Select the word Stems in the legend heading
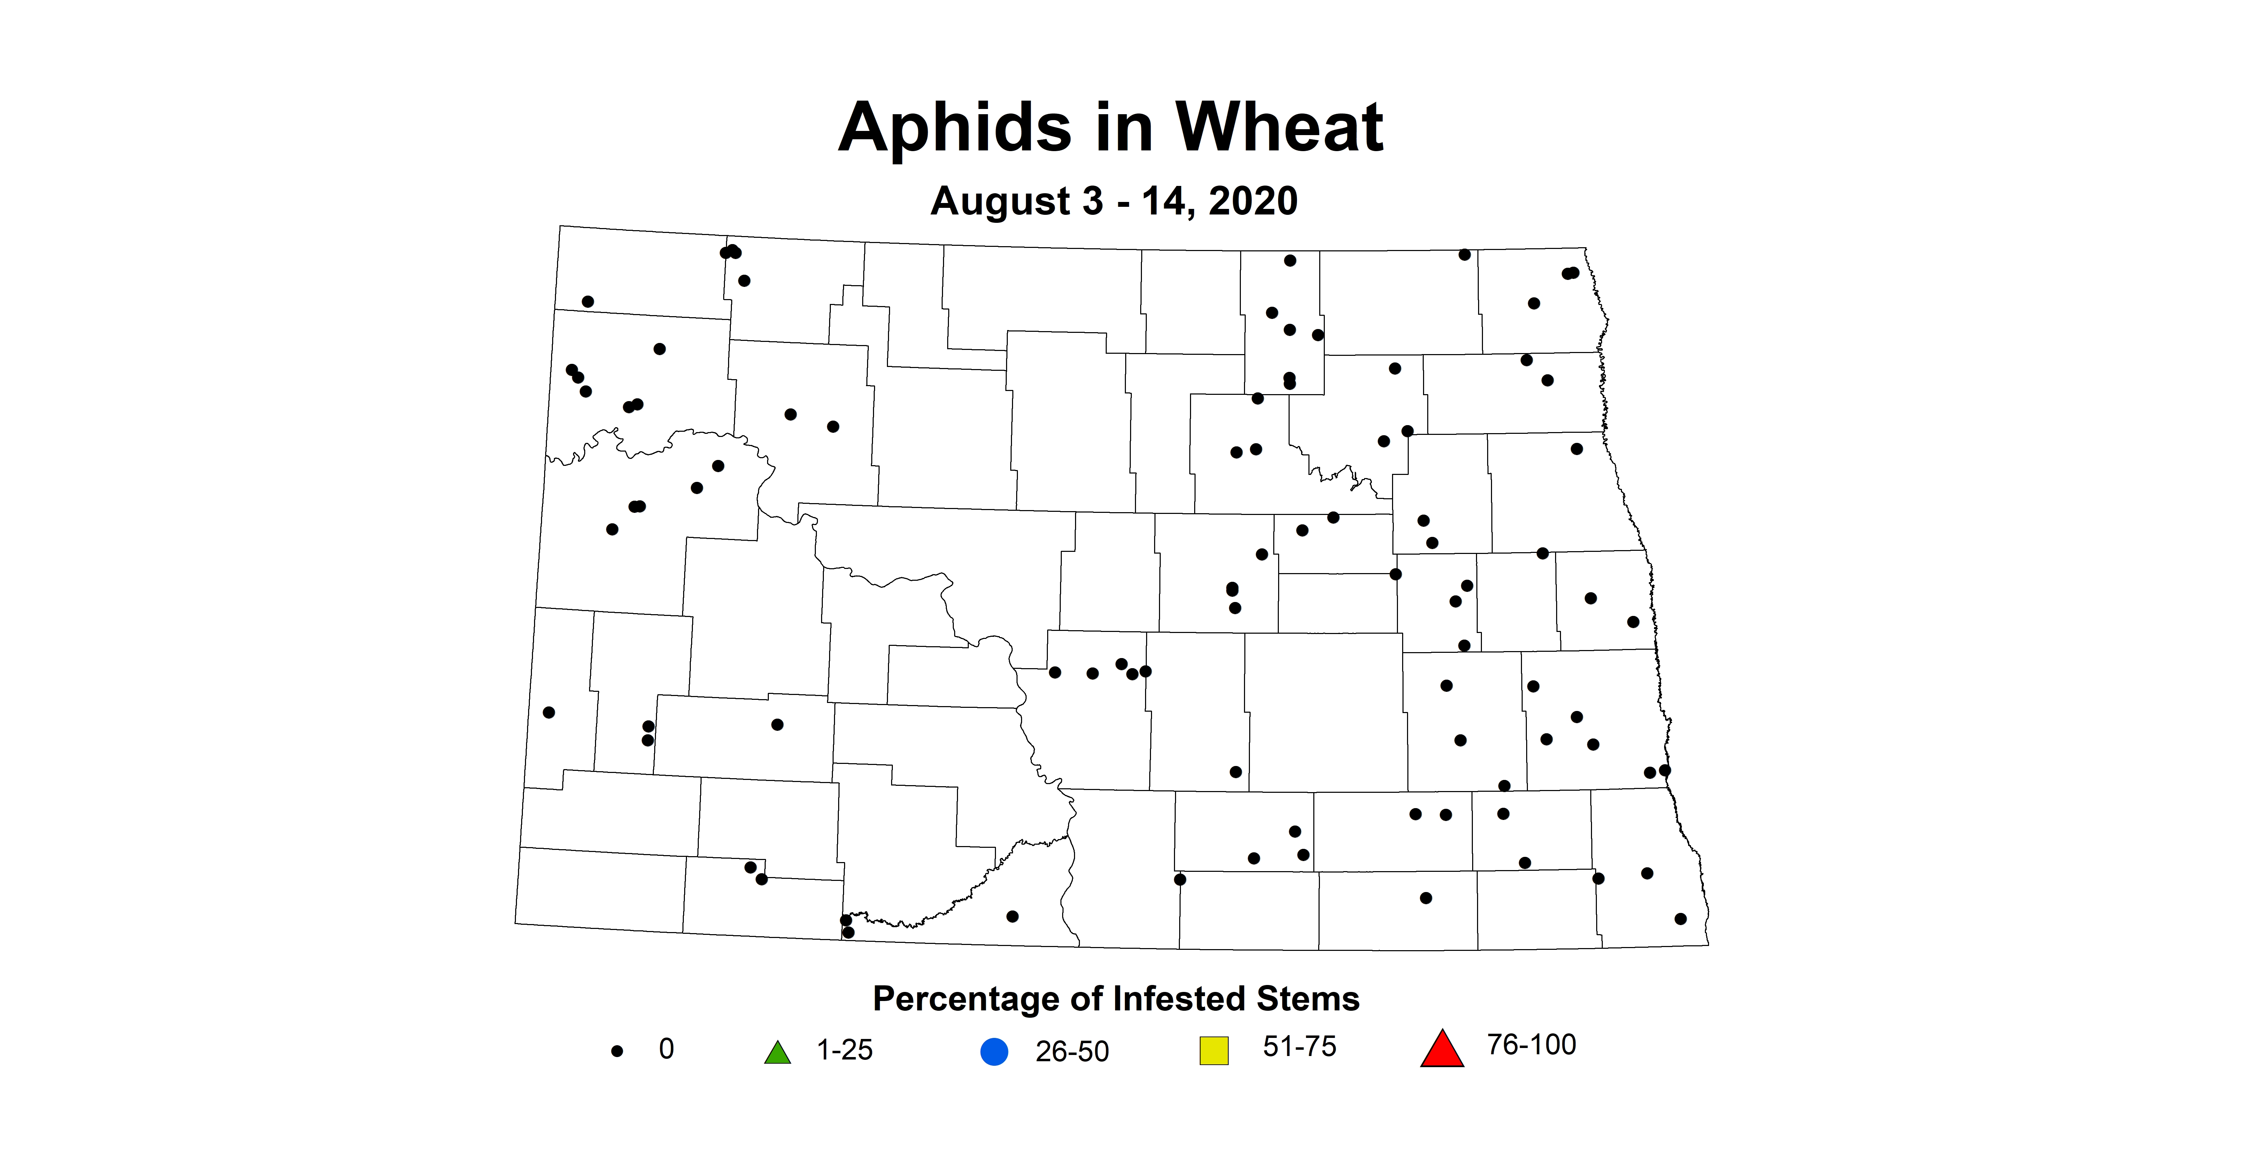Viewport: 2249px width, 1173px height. click(x=1307, y=999)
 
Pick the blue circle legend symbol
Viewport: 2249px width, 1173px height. click(x=995, y=1052)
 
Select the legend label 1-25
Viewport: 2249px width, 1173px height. click(x=844, y=1050)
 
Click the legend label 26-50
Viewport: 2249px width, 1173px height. click(x=1072, y=1052)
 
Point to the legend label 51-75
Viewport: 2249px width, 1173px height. click(x=1299, y=1047)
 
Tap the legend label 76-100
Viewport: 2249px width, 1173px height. click(x=1531, y=1045)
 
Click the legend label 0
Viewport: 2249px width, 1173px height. click(x=666, y=1049)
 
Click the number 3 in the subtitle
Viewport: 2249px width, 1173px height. click(x=1092, y=202)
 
